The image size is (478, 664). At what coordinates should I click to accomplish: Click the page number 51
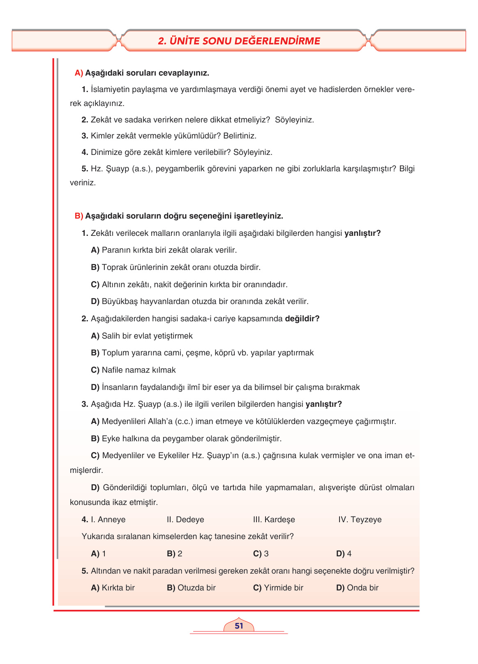[239, 626]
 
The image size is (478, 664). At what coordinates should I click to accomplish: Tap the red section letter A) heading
[79, 73]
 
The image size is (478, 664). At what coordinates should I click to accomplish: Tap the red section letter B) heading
[79, 216]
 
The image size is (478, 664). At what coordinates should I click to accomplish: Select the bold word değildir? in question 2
[302, 319]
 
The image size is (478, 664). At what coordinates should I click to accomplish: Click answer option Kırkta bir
[118, 588]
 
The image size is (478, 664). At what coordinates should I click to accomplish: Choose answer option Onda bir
[363, 588]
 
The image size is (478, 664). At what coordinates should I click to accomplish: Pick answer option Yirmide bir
[283, 588]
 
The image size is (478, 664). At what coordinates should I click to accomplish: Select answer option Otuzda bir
[196, 588]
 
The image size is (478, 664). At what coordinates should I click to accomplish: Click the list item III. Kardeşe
[274, 520]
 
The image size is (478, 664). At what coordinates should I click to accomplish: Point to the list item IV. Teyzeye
[360, 520]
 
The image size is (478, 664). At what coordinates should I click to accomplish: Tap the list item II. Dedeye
[185, 520]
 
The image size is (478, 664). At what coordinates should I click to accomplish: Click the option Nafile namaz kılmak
[139, 370]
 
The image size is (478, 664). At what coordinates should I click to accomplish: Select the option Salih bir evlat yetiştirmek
[147, 336]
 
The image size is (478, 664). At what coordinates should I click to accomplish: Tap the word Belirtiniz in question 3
[240, 136]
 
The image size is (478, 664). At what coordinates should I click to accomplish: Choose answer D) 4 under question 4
[344, 554]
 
